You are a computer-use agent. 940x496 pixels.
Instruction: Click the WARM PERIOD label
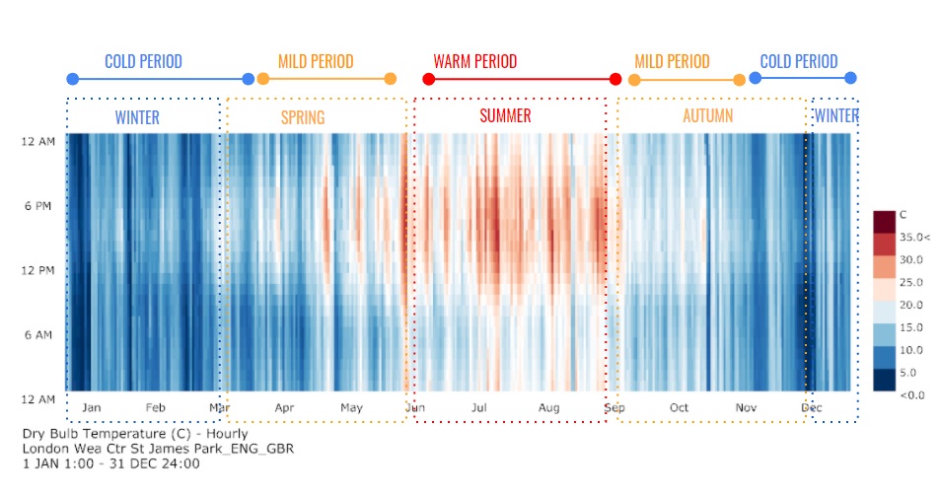[474, 61]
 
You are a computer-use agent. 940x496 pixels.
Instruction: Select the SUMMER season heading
[505, 116]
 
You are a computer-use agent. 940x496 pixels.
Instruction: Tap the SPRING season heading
[302, 117]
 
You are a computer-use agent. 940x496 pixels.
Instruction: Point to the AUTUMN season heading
[707, 116]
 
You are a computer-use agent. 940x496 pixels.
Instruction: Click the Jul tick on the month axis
[480, 407]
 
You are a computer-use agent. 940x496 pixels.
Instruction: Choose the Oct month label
[679, 407]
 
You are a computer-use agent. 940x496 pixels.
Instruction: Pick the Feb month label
[156, 407]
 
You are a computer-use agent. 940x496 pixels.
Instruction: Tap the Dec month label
[812, 407]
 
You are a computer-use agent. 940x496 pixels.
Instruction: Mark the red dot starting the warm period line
[428, 79]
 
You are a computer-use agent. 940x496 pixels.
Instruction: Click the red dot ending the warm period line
[615, 79]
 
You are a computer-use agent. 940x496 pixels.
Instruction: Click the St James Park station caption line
[158, 448]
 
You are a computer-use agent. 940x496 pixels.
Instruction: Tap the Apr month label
[284, 407]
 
